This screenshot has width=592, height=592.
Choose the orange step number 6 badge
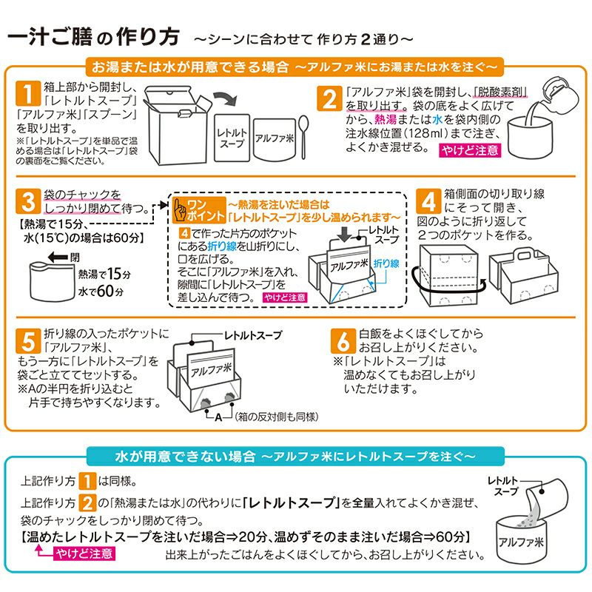pos(343,342)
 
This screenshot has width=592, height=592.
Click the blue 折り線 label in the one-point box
pos(386,262)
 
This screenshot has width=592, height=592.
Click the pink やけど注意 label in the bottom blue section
pos(83,554)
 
